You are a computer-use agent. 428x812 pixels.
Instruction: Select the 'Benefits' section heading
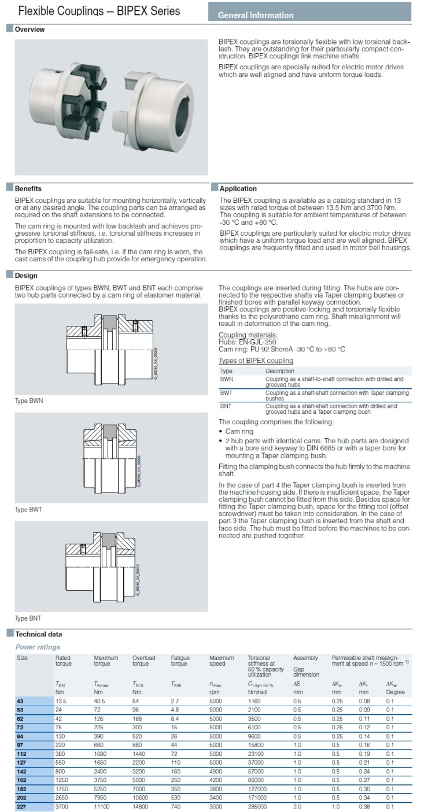pyautogui.click(x=28, y=188)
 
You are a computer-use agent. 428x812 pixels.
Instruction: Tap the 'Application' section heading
pyautogui.click(x=238, y=188)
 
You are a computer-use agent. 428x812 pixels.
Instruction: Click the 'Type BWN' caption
pyautogui.click(x=28, y=401)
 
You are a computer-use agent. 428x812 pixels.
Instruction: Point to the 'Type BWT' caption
pyautogui.click(x=28, y=510)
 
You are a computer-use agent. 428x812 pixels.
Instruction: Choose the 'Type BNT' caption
pyautogui.click(x=28, y=618)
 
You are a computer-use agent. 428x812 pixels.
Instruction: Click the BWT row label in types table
pyautogui.click(x=226, y=392)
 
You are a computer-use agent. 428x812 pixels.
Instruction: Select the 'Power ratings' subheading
pyautogui.click(x=38, y=647)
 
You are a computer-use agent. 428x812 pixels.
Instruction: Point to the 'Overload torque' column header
pyautogui.click(x=143, y=661)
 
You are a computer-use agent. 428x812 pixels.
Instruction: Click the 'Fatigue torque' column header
pyautogui.click(x=180, y=661)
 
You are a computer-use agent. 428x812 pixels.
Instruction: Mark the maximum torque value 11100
pyautogui.click(x=102, y=806)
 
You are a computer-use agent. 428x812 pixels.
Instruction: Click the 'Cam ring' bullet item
pyautogui.click(x=239, y=431)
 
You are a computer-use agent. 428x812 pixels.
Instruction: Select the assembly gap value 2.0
pyautogui.click(x=297, y=806)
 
